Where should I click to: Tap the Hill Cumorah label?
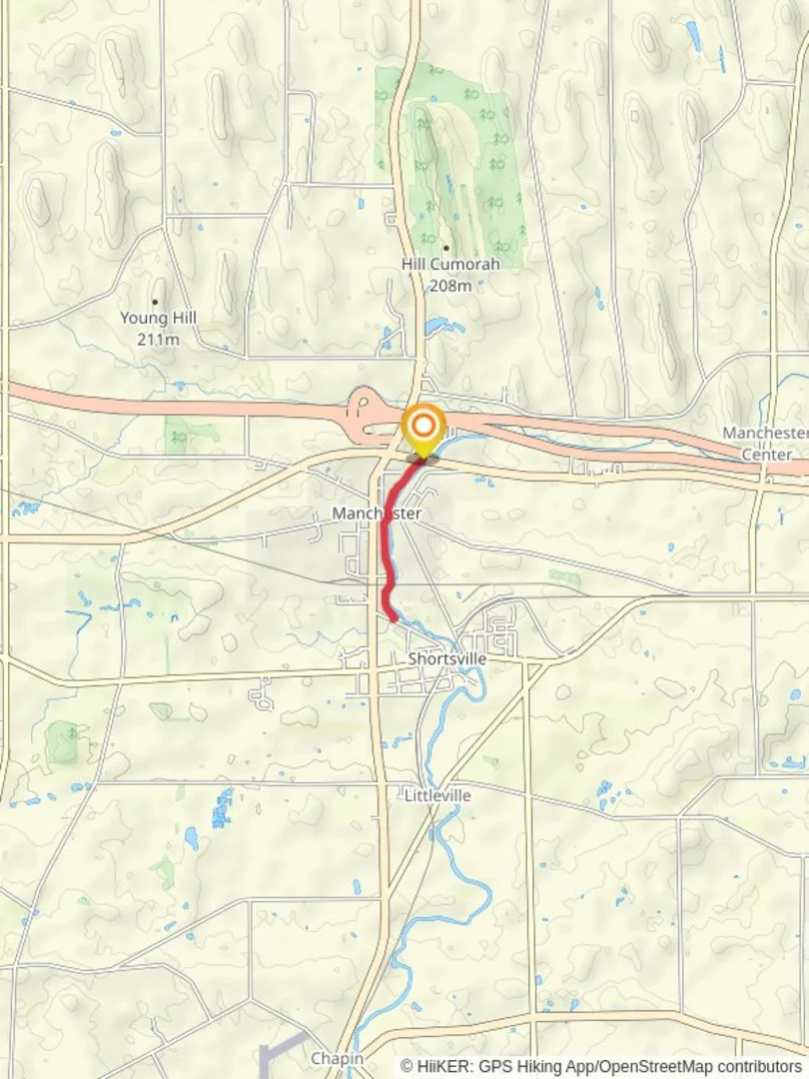coord(450,265)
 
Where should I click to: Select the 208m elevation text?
coord(450,286)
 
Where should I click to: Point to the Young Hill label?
coord(159,318)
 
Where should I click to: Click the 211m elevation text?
coord(159,339)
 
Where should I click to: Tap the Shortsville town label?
coord(447,659)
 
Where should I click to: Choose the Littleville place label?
coord(438,795)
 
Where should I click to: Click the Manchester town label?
coord(377,514)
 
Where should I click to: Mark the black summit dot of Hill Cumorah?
coord(445,248)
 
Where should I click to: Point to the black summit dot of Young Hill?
coord(155,301)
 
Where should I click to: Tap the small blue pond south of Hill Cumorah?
coord(441,326)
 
